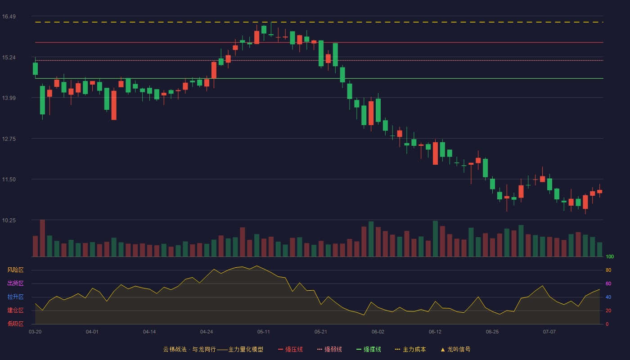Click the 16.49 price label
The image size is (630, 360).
(9, 17)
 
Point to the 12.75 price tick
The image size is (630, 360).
(9, 139)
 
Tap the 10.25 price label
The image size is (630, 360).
(9, 220)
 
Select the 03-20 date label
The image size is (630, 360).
(35, 332)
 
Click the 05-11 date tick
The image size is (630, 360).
(264, 332)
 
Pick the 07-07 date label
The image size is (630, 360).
(549, 332)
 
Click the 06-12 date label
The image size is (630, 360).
(435, 332)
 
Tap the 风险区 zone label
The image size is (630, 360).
(15, 270)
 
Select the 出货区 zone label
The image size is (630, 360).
(15, 283)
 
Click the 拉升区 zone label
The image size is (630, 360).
(15, 297)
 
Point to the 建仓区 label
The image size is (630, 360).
(15, 310)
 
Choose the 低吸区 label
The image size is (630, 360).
(15, 324)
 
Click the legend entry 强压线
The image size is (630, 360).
(291, 349)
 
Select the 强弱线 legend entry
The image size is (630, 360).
(329, 349)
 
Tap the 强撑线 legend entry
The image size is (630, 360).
(369, 349)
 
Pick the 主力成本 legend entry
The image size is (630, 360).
(410, 349)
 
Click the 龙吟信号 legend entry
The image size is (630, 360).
(455, 349)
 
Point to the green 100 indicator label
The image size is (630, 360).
(610, 256)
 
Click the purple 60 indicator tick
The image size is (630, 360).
(608, 283)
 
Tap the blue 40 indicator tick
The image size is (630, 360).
(608, 297)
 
